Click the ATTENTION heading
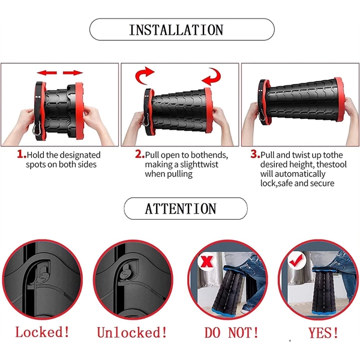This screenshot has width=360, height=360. pyautogui.click(x=180, y=209)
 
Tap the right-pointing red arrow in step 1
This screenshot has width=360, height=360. pyautogui.click(x=74, y=72)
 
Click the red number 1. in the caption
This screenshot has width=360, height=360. pyautogui.click(x=21, y=154)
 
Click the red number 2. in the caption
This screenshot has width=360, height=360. pyautogui.click(x=139, y=154)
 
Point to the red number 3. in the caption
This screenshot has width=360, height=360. pyautogui.click(x=255, y=154)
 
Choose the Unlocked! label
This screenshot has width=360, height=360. pyautogui.click(x=131, y=332)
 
